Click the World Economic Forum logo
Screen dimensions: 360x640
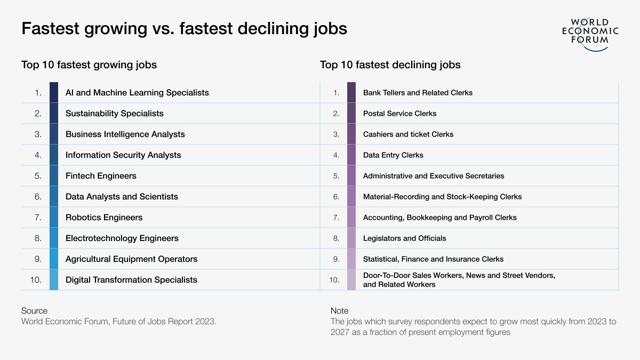point(590,33)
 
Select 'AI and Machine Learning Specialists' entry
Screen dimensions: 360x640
point(137,93)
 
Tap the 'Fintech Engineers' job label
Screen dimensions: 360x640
point(101,176)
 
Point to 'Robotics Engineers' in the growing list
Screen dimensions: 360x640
point(104,218)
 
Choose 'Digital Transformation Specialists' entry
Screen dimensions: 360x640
point(131,280)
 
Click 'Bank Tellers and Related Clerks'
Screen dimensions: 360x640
point(418,93)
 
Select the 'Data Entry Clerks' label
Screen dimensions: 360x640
point(393,155)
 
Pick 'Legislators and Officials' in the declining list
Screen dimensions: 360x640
point(404,238)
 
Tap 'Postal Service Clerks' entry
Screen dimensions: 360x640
point(399,114)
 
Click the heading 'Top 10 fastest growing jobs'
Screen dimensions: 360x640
point(89,65)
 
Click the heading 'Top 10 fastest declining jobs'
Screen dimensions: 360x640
point(390,65)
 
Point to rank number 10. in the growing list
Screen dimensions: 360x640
point(36,280)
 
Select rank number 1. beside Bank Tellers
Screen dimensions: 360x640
point(336,93)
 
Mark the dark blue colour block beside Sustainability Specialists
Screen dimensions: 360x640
point(54,114)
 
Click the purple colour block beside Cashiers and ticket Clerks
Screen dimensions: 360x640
point(351,134)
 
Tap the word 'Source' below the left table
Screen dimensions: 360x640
point(34,311)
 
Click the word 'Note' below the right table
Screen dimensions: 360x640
point(339,311)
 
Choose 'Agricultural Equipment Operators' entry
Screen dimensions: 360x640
point(131,259)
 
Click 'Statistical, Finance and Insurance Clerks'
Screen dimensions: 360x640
point(433,259)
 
